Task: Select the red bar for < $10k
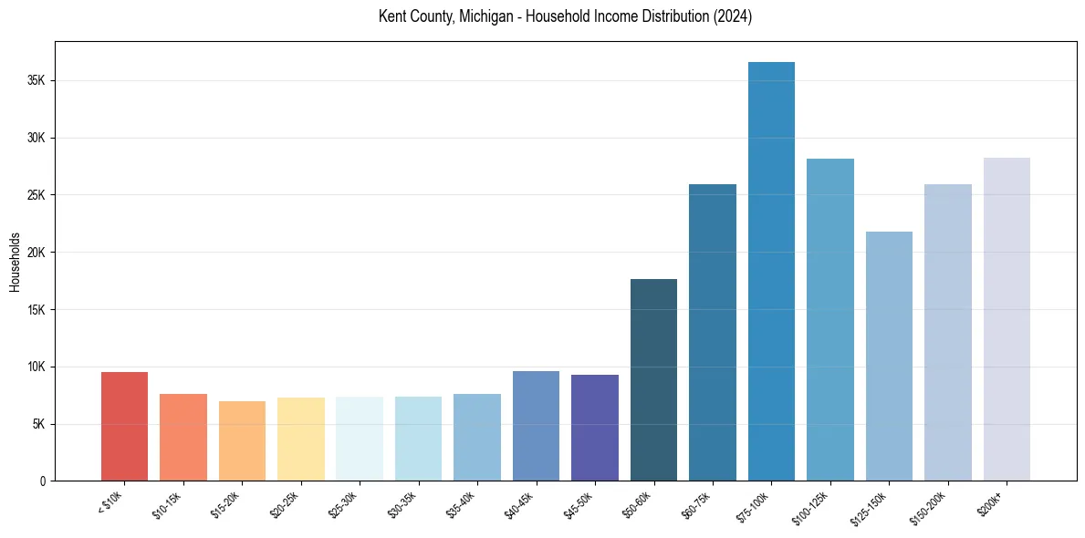tap(124, 426)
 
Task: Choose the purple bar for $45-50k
tap(595, 428)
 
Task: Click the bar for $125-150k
tap(889, 356)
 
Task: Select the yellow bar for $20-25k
tap(301, 439)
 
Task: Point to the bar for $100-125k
tap(830, 319)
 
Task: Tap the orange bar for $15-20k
tap(242, 440)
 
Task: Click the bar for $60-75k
tap(713, 332)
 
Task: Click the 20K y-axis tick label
tap(37, 253)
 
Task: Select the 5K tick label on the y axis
tap(39, 424)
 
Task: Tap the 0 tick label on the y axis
tap(42, 481)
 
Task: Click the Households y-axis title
tap(15, 262)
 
